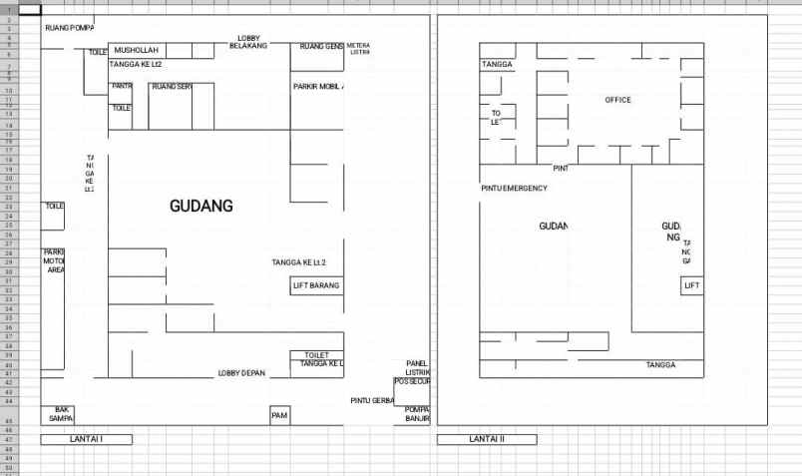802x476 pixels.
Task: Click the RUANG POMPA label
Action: [x=69, y=28]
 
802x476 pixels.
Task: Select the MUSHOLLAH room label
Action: [x=137, y=50]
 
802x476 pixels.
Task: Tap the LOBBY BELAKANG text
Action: [x=248, y=42]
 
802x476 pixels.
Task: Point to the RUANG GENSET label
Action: [x=321, y=47]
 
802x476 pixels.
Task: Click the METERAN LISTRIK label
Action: [x=358, y=48]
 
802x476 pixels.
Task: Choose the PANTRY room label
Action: [x=122, y=86]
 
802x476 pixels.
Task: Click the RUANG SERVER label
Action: [x=171, y=87]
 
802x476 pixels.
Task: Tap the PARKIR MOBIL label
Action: [x=318, y=87]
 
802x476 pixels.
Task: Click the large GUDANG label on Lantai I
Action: [x=200, y=207]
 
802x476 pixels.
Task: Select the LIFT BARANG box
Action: [x=316, y=285]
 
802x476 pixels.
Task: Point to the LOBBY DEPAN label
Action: [x=241, y=373]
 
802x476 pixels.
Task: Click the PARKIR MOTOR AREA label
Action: [x=54, y=260]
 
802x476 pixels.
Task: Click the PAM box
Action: [x=279, y=414]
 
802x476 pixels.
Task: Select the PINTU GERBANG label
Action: [x=372, y=400]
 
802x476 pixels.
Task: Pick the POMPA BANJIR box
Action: [x=416, y=414]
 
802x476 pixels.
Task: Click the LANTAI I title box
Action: [x=86, y=439]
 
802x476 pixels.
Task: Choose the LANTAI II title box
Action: [x=487, y=439]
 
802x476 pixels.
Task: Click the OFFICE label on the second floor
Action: [x=617, y=100]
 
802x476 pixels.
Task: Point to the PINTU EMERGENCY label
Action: [x=514, y=188]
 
